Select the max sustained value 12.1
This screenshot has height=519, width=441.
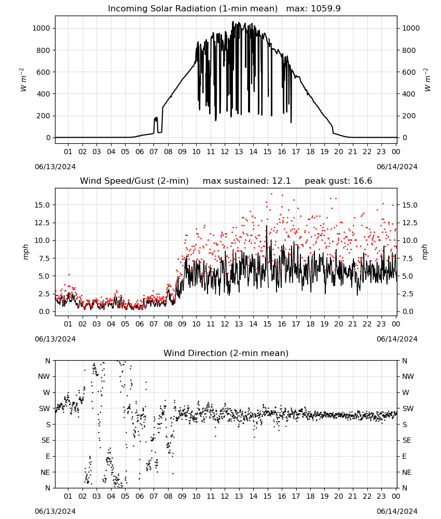click(281, 181)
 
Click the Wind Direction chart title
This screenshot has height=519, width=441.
click(226, 353)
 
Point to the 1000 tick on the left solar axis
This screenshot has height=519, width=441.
click(41, 28)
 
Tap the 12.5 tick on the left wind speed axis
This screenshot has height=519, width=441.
click(43, 223)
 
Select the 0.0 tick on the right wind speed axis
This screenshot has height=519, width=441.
click(408, 311)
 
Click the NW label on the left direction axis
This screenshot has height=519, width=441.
click(44, 377)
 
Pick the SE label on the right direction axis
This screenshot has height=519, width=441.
click(407, 441)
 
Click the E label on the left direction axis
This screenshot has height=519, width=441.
click(48, 456)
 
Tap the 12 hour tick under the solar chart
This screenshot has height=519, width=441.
click(225, 152)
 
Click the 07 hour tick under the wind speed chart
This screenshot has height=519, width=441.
click(154, 324)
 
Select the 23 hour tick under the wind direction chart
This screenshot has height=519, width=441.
click(381, 497)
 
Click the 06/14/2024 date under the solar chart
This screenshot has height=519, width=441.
click(397, 167)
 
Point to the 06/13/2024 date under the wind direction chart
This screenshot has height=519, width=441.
click(55, 511)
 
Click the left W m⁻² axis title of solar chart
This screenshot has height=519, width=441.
click(23, 80)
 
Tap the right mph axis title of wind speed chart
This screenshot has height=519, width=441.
click(425, 252)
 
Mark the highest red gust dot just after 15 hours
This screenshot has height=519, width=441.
click(272, 194)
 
